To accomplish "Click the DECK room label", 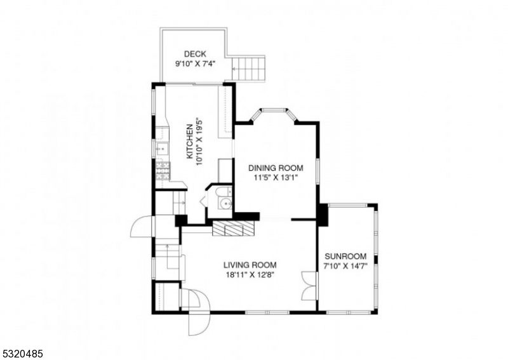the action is [x=195, y=54].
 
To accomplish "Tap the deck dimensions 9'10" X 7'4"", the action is [x=196, y=64].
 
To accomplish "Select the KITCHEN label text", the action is [x=190, y=142].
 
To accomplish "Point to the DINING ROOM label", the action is [x=276, y=168].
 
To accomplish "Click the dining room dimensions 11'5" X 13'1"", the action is [x=276, y=178].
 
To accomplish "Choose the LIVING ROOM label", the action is [x=250, y=265].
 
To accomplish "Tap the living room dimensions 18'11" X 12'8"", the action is [x=250, y=275].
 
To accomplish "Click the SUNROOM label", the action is [x=345, y=257].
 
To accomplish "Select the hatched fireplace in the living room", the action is [x=232, y=229].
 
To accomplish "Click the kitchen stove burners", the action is [x=163, y=171].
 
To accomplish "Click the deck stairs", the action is [x=249, y=69].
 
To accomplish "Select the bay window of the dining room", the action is [x=274, y=114].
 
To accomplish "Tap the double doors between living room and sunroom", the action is [x=309, y=286].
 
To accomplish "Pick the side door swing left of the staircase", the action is [x=141, y=227].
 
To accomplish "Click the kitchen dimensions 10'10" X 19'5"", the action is [x=199, y=142].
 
